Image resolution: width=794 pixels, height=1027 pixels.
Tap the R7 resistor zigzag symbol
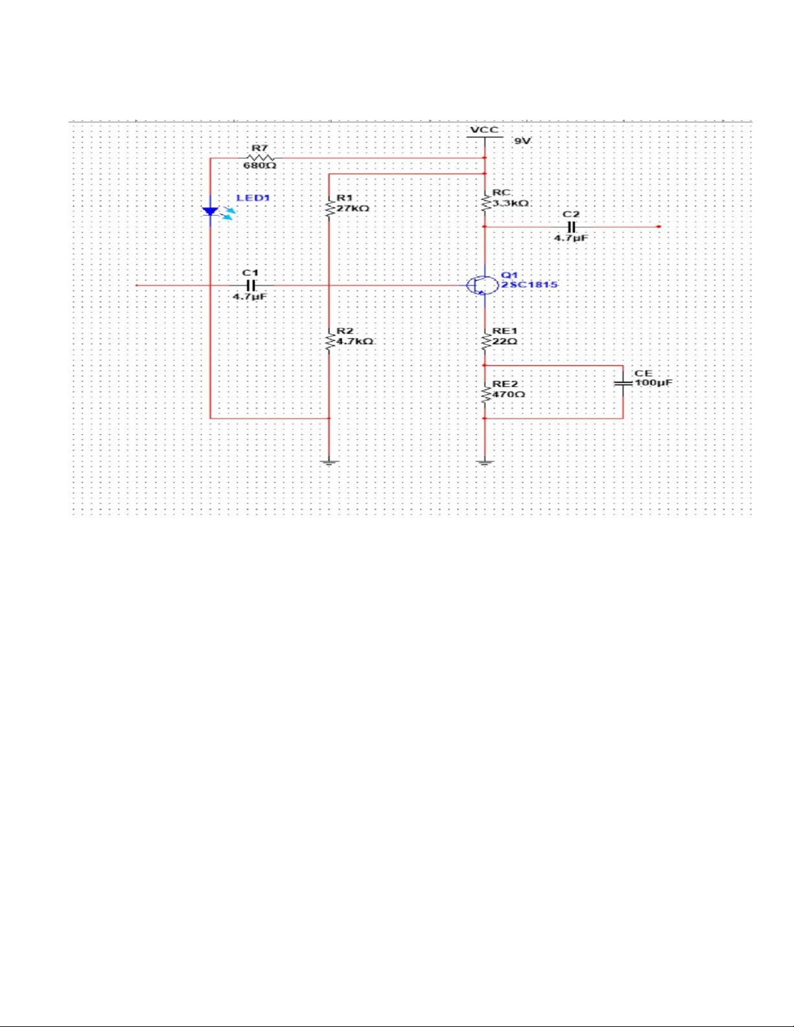pyautogui.click(x=259, y=158)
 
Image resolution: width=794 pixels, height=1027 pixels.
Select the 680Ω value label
pyautogui.click(x=259, y=167)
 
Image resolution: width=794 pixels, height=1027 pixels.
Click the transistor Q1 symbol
pyautogui.click(x=482, y=285)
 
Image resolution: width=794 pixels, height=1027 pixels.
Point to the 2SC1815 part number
pyautogui.click(x=530, y=285)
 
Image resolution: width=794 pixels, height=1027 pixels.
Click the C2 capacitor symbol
pyautogui.click(x=572, y=226)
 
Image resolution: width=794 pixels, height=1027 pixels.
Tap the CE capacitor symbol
pyautogui.click(x=623, y=384)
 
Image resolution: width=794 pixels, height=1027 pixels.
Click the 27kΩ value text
pyautogui.click(x=353, y=208)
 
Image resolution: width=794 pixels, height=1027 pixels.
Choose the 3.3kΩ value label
pyautogui.click(x=511, y=203)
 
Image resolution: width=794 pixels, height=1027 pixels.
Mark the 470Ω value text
pyautogui.click(x=508, y=394)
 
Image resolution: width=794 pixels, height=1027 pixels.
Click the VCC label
pyautogui.click(x=484, y=130)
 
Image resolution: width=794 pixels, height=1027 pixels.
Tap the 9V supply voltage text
pyautogui.click(x=522, y=141)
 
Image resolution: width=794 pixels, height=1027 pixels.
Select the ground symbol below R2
pyautogui.click(x=329, y=462)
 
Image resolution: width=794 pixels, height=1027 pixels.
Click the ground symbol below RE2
pyautogui.click(x=485, y=462)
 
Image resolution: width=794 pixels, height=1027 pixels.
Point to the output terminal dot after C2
pyautogui.click(x=659, y=226)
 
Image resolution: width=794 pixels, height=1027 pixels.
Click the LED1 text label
pyautogui.click(x=253, y=198)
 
